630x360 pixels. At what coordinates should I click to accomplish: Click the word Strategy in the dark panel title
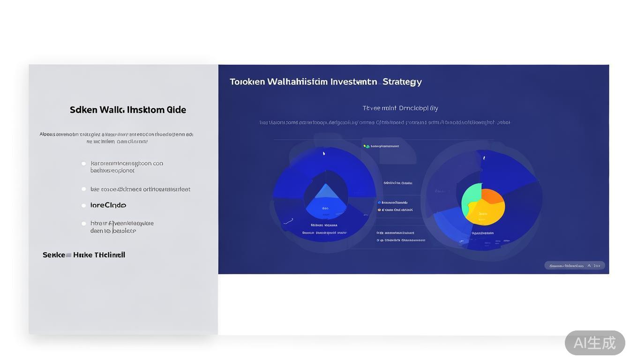click(x=402, y=82)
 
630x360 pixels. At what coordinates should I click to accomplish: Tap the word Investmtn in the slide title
click(x=353, y=82)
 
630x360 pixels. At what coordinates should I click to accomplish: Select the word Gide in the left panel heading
click(x=176, y=110)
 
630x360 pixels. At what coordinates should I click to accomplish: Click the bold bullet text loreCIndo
click(x=108, y=205)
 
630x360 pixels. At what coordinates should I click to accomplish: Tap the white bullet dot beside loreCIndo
click(x=83, y=205)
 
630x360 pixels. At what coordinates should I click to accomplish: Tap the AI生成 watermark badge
click(x=594, y=343)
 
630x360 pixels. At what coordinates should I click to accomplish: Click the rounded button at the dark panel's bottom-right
click(x=574, y=265)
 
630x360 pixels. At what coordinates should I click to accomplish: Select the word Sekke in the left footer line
click(x=54, y=255)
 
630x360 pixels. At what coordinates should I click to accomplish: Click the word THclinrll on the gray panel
click(x=110, y=255)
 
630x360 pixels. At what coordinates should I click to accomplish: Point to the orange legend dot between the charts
click(x=379, y=210)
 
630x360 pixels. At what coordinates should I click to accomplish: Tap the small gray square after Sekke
click(x=68, y=255)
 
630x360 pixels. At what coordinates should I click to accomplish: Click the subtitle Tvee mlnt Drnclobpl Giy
click(x=400, y=108)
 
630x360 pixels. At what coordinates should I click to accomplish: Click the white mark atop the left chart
click(x=324, y=153)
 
